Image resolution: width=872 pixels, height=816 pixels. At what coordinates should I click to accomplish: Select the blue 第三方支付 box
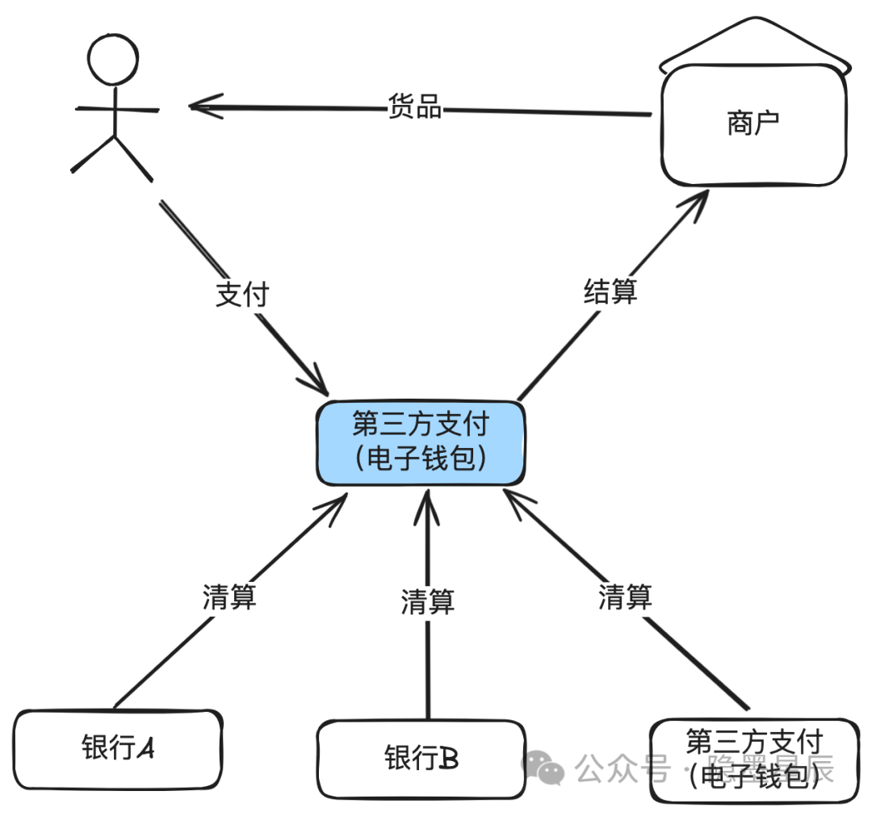[421, 442]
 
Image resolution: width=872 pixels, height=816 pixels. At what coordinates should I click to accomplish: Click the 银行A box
[118, 748]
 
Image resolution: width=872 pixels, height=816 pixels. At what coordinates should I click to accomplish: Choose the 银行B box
[421, 758]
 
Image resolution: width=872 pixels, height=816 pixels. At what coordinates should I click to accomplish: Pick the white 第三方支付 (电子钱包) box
[753, 759]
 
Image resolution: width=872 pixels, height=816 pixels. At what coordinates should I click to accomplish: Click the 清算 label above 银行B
[428, 601]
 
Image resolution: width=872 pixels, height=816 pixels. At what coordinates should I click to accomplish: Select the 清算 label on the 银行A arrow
[229, 597]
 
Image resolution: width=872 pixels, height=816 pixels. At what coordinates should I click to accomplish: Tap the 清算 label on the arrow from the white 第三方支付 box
[625, 597]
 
